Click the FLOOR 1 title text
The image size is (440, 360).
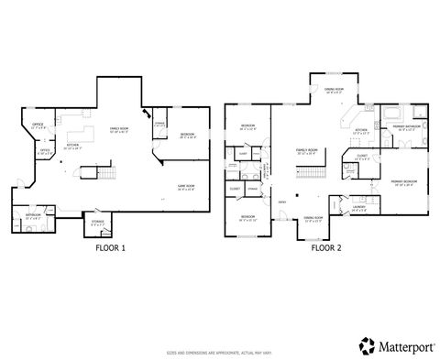coord(111,247)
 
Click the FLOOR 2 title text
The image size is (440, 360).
coord(326,247)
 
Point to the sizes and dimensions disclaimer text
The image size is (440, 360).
coord(219,351)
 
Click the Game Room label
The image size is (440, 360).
coord(186,188)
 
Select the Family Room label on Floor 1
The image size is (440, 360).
coord(119,129)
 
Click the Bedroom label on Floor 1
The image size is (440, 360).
coord(188,135)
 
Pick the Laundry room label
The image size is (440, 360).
coord(357,208)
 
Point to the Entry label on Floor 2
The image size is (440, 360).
coord(282,202)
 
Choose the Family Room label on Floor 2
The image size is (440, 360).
coord(306,148)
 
